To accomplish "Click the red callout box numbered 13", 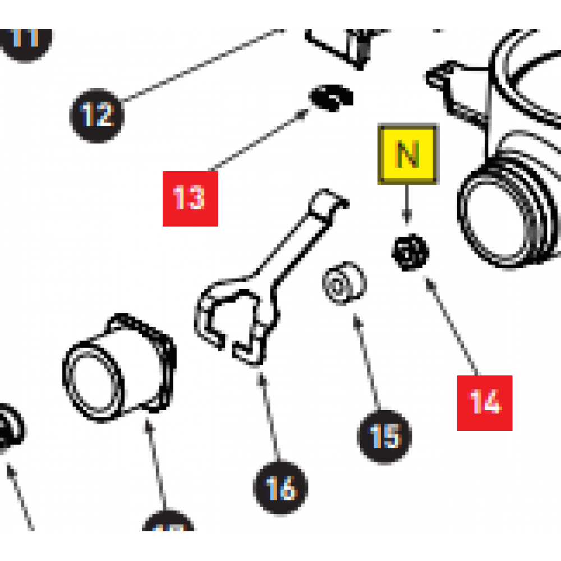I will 190,198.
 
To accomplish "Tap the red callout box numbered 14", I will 485,403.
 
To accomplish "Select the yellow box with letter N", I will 408,154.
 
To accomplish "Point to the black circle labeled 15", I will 385,436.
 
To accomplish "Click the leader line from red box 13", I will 258,140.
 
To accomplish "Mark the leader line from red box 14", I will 452,325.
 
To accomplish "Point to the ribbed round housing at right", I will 508,208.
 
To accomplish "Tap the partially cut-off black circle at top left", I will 25,39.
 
